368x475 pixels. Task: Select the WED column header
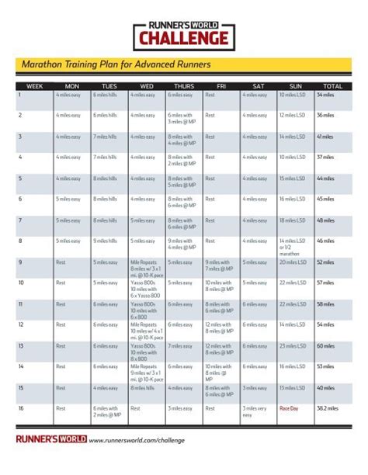pos(147,85)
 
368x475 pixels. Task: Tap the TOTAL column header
pos(332,85)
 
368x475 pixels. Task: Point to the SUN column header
pos(295,85)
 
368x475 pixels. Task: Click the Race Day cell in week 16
pos(289,407)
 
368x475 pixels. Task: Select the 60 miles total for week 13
pos(325,345)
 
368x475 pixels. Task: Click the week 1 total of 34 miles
pos(325,94)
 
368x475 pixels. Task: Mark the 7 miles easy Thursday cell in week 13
pos(179,345)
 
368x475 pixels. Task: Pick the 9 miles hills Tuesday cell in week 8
pos(105,241)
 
